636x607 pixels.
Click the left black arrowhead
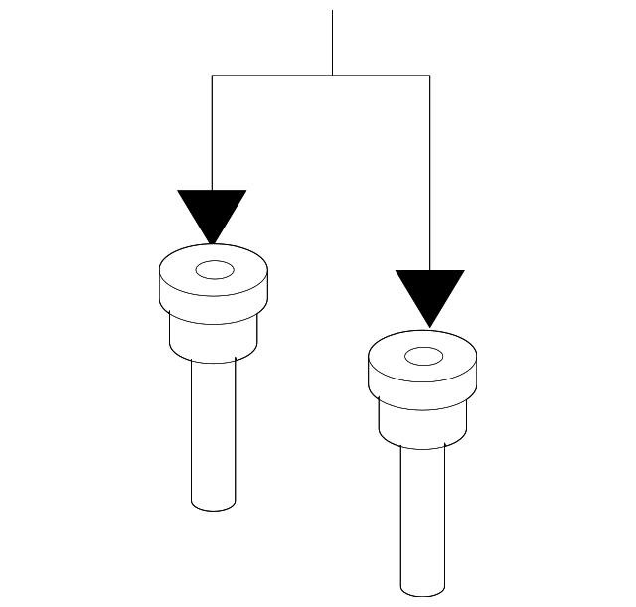[212, 211]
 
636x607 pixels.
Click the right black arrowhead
[429, 292]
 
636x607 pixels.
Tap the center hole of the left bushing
[213, 269]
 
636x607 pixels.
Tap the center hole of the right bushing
[423, 355]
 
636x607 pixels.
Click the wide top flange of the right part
[423, 378]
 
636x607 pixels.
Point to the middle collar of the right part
[423, 422]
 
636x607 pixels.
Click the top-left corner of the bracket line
[212, 75]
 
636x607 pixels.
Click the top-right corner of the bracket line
[429, 75]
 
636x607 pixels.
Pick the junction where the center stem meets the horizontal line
[332, 75]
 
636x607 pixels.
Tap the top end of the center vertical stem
[332, 11]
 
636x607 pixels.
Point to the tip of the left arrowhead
[212, 243]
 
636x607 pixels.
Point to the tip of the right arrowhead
[429, 326]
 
